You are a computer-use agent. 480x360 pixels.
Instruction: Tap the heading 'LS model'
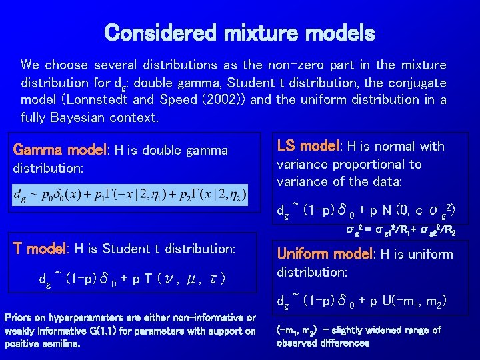click(306, 146)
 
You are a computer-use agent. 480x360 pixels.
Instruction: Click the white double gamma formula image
click(130, 195)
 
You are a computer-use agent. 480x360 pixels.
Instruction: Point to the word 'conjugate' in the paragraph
click(417, 83)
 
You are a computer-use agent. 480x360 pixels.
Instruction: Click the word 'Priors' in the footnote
click(20, 317)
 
